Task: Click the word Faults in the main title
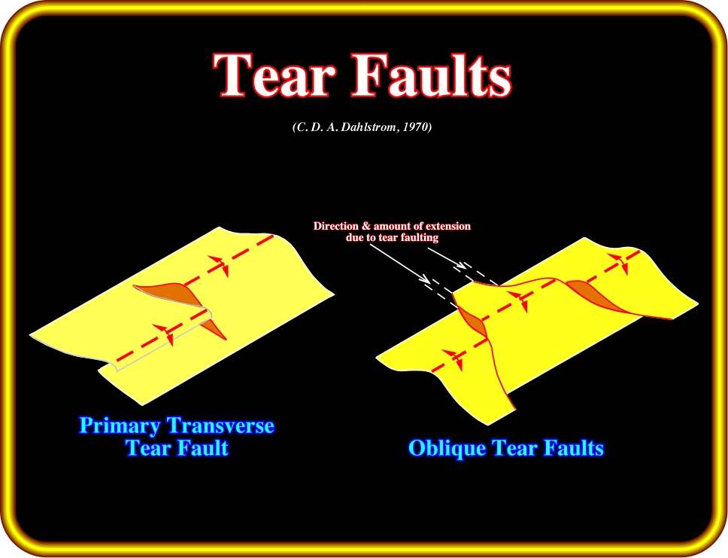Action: pos(432,75)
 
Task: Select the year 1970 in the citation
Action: pos(417,127)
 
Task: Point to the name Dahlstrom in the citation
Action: pos(369,127)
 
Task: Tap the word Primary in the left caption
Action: pos(120,425)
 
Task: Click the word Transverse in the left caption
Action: pos(220,425)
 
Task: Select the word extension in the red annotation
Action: pos(447,226)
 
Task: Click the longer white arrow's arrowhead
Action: pos(424,279)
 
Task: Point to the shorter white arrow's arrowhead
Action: pos(460,266)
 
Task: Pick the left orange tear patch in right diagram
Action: pos(472,322)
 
